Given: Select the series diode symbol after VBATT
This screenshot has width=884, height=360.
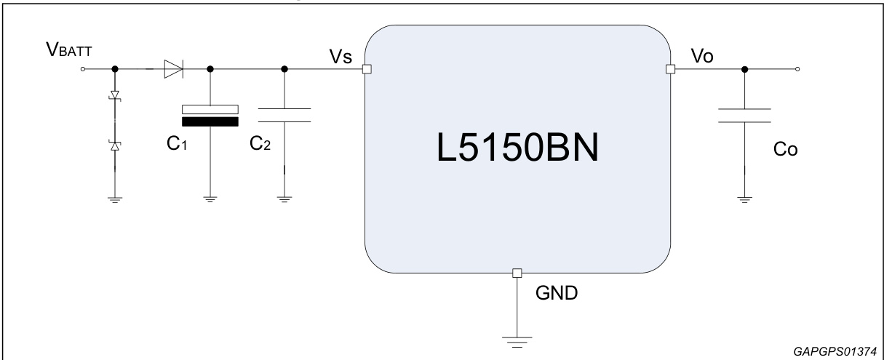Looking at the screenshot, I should pyautogui.click(x=172, y=70).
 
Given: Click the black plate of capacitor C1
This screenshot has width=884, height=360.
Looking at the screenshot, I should pyautogui.click(x=210, y=121).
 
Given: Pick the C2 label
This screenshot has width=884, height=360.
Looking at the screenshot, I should pyautogui.click(x=260, y=143).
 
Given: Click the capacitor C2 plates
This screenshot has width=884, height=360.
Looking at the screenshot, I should pyautogui.click(x=284, y=115).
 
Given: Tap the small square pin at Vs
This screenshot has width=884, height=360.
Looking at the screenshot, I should pyautogui.click(x=367, y=70).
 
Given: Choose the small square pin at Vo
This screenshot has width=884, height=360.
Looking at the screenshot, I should pyautogui.click(x=671, y=70).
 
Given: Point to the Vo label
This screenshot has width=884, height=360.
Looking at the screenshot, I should pyautogui.click(x=701, y=57).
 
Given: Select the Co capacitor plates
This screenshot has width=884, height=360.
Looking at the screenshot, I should pyautogui.click(x=744, y=116).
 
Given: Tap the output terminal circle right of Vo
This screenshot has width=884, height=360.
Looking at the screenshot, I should pyautogui.click(x=799, y=70).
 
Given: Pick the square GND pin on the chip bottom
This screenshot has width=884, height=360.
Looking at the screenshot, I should pyautogui.click(x=517, y=273).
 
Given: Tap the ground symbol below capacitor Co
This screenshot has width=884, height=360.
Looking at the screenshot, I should pyautogui.click(x=744, y=199).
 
